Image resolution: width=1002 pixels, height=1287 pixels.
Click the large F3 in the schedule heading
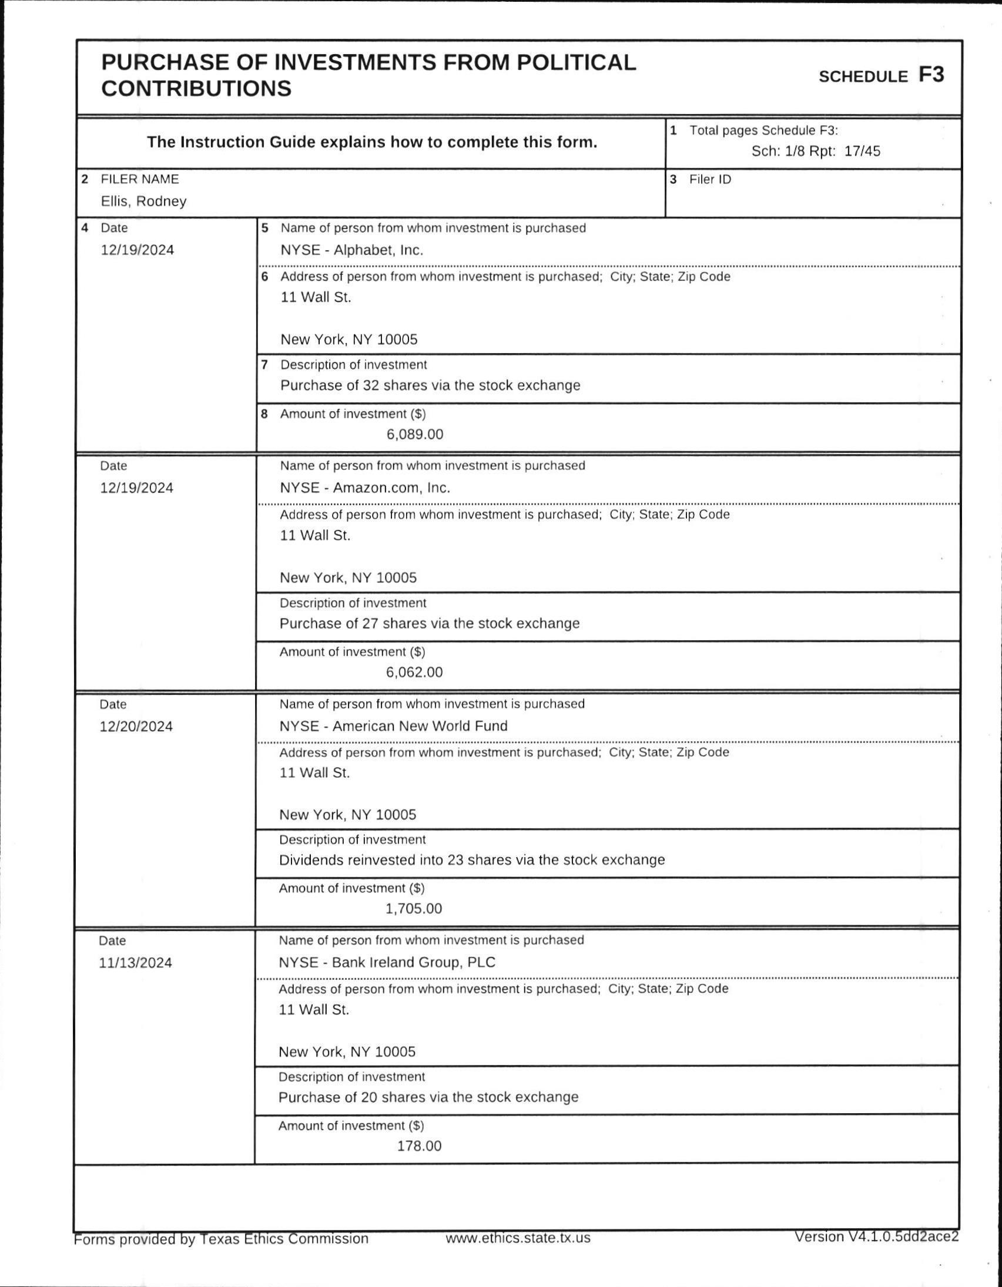point(931,75)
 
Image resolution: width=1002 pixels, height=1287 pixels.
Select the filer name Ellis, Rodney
point(143,201)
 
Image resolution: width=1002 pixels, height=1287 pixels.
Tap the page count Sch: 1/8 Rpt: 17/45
point(815,152)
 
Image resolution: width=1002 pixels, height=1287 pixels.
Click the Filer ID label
point(710,180)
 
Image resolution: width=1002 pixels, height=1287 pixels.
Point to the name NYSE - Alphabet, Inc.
point(352,250)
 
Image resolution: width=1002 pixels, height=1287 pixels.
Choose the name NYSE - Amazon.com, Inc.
point(365,488)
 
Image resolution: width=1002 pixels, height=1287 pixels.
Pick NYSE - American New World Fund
point(393,726)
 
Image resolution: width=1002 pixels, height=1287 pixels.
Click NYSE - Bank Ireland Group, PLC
point(387,962)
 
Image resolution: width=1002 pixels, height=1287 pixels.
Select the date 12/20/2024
point(136,727)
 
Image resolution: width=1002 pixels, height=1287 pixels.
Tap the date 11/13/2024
point(136,963)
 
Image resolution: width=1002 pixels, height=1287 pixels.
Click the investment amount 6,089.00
point(415,435)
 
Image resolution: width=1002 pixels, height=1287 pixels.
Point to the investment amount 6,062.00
point(414,673)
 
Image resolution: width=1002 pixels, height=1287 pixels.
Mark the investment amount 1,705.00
point(414,909)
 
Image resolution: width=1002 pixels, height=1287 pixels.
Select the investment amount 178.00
point(419,1146)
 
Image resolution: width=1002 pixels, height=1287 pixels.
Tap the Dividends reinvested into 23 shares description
point(471,860)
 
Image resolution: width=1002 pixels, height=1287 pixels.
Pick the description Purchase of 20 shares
point(428,1097)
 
